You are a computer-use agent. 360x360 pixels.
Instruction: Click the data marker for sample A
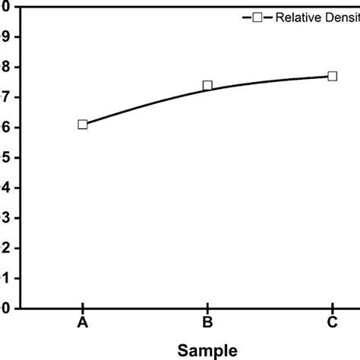pos(82,125)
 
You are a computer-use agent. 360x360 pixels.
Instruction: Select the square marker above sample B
pos(207,86)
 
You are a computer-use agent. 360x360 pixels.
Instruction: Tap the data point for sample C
pos(332,76)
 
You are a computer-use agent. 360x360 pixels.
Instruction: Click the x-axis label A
pos(82,323)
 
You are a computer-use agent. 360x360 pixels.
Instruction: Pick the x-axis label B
pos(207,323)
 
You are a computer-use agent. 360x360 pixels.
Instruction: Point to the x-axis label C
pos(332,323)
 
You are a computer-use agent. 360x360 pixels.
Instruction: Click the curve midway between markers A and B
pos(144,104)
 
